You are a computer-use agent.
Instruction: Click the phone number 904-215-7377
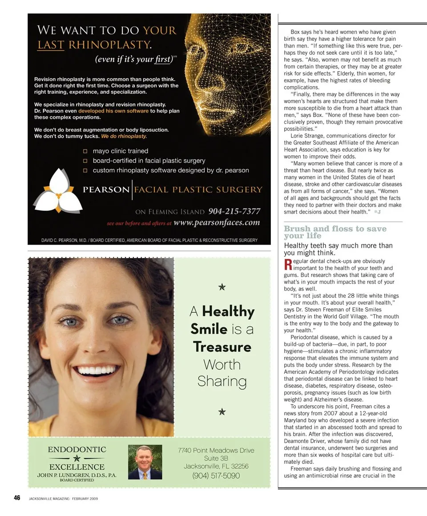[x=234, y=211]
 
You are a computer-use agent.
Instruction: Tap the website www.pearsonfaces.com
[x=217, y=222]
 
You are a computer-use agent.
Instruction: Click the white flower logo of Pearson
[x=58, y=190]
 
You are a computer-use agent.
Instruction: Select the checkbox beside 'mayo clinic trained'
[x=85, y=151]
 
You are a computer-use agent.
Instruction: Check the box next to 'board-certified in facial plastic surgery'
[x=85, y=161]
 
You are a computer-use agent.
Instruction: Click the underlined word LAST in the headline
[x=50, y=44]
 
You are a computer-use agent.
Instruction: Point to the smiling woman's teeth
[x=97, y=370]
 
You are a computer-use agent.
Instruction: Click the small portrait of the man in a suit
[x=145, y=462]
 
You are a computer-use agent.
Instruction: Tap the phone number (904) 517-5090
[x=216, y=476]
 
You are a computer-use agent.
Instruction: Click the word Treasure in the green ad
[x=222, y=347]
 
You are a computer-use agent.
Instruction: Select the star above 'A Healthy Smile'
[x=222, y=287]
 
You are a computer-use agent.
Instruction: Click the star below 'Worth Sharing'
[x=222, y=412]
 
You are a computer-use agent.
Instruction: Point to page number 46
[x=17, y=498]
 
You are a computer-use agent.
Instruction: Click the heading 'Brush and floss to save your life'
[x=335, y=232]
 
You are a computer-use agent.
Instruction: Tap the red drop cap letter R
[x=287, y=265]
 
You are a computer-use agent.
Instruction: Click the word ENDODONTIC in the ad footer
[x=77, y=450]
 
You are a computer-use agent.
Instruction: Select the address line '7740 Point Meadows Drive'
[x=216, y=450]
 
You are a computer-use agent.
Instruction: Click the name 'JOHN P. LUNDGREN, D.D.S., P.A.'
[x=77, y=475]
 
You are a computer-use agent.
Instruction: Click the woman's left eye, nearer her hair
[x=120, y=320]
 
